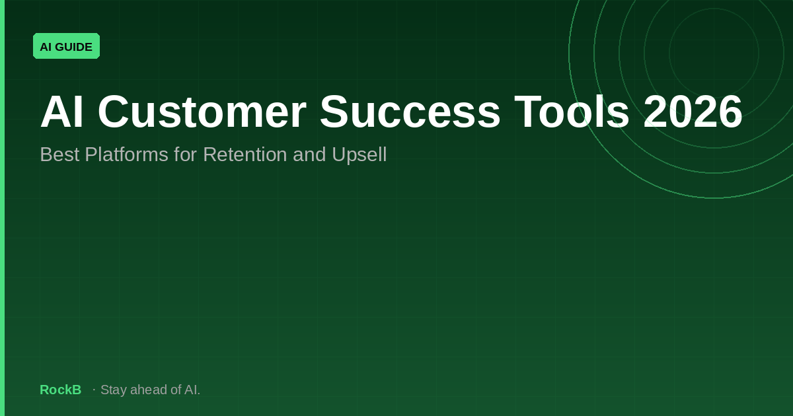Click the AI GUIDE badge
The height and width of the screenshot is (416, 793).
tap(66, 46)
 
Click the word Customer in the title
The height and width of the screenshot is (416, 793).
tap(202, 112)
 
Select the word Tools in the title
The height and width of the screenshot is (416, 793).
tap(572, 112)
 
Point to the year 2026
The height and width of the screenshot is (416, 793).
tap(693, 112)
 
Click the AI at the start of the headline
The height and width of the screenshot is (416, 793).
tap(62, 112)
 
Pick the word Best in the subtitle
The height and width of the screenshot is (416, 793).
tap(59, 155)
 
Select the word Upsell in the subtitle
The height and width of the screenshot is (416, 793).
tap(361, 155)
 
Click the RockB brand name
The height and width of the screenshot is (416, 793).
tap(60, 390)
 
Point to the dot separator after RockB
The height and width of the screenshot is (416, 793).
tap(94, 390)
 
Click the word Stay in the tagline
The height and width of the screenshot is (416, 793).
tap(114, 390)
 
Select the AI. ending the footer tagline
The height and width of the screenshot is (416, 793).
tap(192, 390)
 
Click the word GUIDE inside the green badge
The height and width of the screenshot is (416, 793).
tap(74, 46)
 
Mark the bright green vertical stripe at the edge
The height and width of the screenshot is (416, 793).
tap(2, 208)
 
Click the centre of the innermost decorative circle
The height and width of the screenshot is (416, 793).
tap(714, 53)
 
